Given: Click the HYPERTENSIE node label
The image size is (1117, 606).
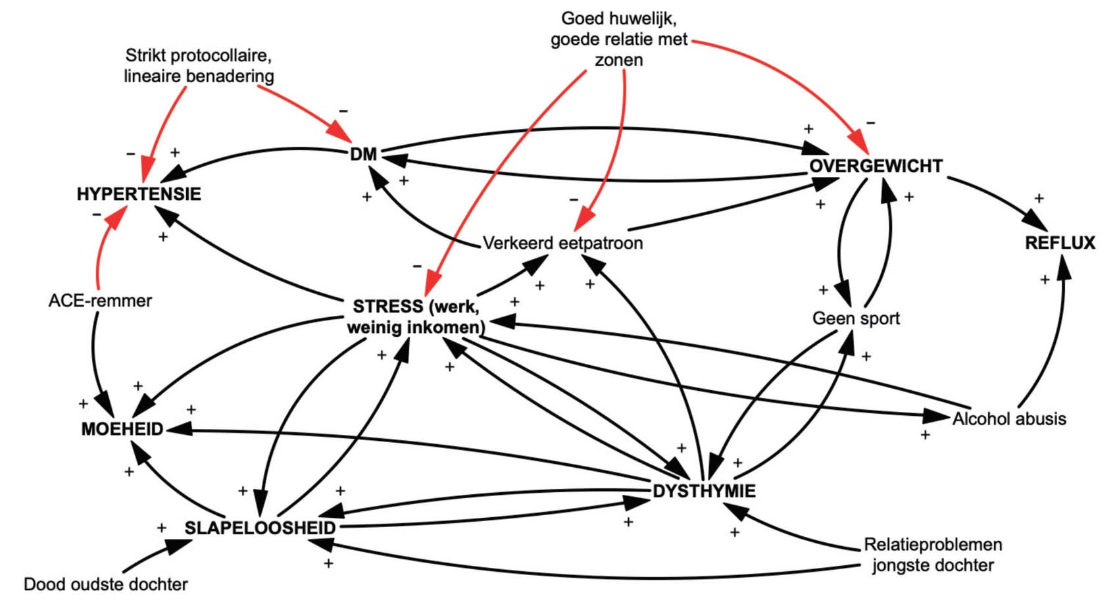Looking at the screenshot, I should click(x=139, y=194).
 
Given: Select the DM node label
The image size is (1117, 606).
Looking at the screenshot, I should click(x=363, y=155).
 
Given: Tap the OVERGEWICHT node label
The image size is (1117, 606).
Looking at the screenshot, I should click(x=876, y=166).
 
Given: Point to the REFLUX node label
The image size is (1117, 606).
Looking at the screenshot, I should click(x=1060, y=243).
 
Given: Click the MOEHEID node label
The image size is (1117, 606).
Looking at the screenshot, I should click(x=122, y=429).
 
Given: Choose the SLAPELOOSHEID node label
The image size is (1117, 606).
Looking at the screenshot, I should click(x=260, y=528).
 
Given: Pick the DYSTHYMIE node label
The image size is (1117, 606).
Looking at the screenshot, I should click(x=704, y=491).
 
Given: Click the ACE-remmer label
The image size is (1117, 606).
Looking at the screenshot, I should click(x=100, y=301).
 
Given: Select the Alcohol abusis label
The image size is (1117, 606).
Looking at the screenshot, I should click(x=1009, y=418).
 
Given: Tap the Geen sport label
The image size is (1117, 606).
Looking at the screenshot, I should click(x=856, y=318).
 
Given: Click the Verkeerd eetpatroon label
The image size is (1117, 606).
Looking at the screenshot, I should click(x=562, y=243).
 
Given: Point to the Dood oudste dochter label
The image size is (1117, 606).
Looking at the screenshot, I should click(x=106, y=584).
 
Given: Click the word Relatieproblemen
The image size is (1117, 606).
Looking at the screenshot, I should click(x=933, y=545).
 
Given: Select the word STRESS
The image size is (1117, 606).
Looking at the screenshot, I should click(x=387, y=307).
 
